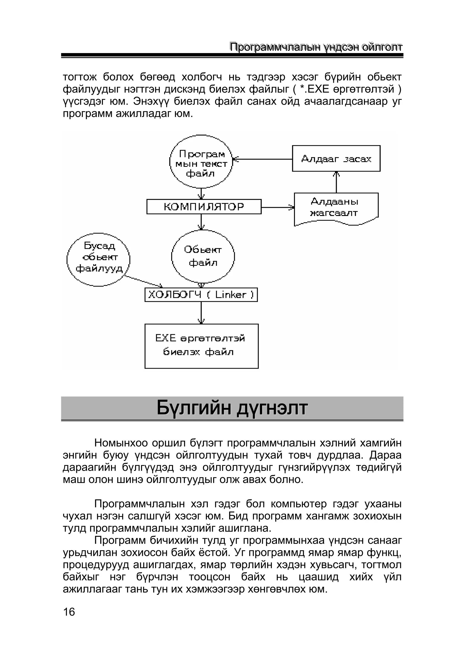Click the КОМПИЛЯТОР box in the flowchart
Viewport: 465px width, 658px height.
(x=204, y=207)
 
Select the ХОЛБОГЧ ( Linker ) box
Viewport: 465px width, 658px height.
(x=201, y=295)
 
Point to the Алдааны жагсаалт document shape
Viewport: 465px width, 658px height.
(x=336, y=208)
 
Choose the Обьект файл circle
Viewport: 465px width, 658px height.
(x=203, y=256)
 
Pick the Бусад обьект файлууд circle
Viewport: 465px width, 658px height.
(x=98, y=259)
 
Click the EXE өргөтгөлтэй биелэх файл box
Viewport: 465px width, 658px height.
(x=201, y=346)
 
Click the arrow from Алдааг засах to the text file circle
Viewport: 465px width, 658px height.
(x=262, y=159)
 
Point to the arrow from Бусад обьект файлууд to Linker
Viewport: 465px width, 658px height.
(x=143, y=281)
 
